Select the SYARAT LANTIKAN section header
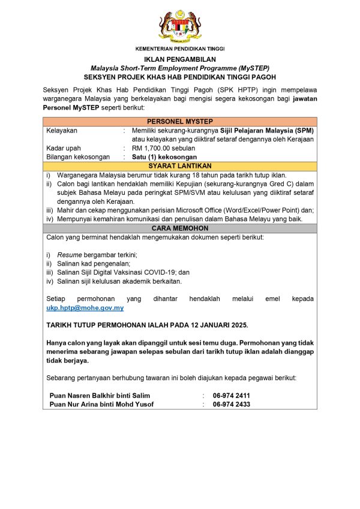coord(180,166)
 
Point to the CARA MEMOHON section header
coord(180,228)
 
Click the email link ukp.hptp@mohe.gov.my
coord(85,308)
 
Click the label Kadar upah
coord(64,148)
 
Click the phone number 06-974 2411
coord(231,396)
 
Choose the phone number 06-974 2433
coord(231,404)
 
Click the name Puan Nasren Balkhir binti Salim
coord(100,396)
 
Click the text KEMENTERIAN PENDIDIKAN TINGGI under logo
coord(180,49)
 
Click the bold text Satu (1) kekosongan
coord(164,157)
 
